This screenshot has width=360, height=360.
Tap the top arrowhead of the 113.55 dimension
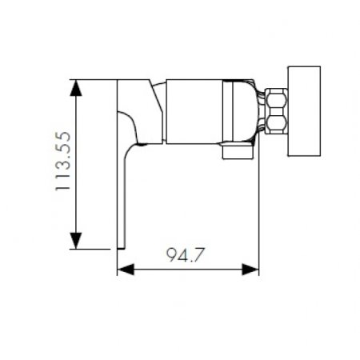(75, 85)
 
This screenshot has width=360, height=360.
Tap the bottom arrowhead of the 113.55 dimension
(75, 242)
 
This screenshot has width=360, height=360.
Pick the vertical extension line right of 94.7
(258, 208)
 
